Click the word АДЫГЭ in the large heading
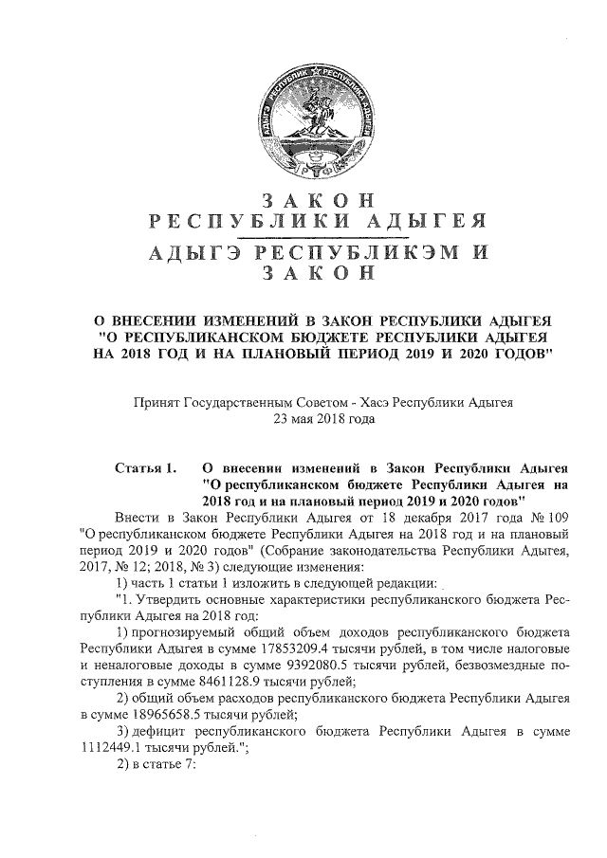[x=187, y=252]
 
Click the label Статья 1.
[x=145, y=467]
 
